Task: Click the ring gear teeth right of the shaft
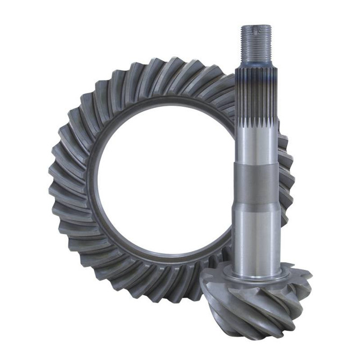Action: (x=287, y=172)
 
